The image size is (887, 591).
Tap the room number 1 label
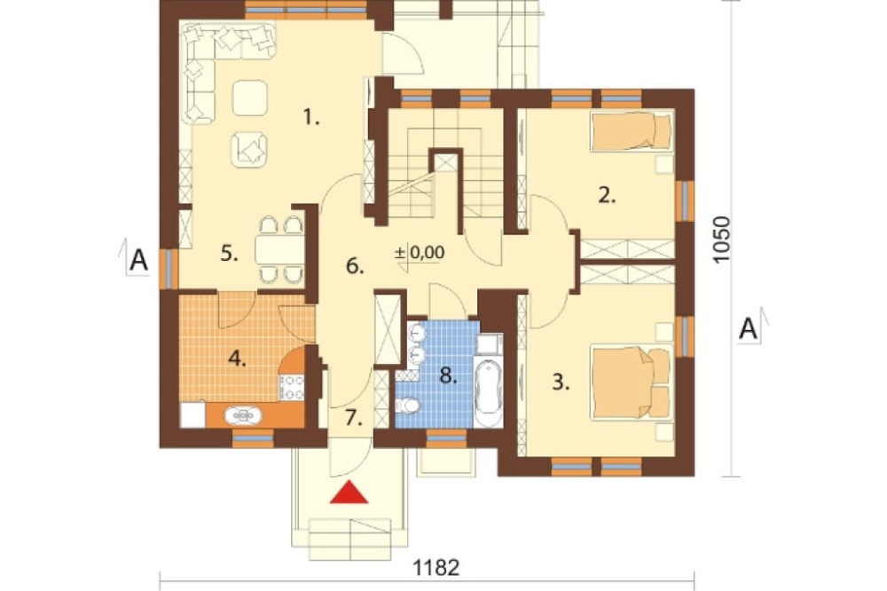pyautogui.click(x=311, y=118)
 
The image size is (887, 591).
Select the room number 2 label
pyautogui.click(x=607, y=196)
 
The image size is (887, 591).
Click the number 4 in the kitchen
pyautogui.click(x=237, y=359)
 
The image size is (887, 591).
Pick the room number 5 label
pyautogui.click(x=229, y=254)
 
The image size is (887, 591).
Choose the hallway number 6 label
pyautogui.click(x=355, y=265)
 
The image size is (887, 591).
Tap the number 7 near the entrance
pyautogui.click(x=354, y=418)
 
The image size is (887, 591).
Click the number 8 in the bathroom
pyautogui.click(x=448, y=374)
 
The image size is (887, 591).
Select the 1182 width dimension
pyautogui.click(x=436, y=567)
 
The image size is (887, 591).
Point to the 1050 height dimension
pyautogui.click(x=722, y=240)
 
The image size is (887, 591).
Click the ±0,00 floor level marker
pyautogui.click(x=420, y=253)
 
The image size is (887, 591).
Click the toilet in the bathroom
pyautogui.click(x=407, y=406)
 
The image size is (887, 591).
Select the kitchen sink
pyautogui.click(x=243, y=415)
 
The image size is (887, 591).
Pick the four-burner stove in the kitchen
pyautogui.click(x=292, y=388)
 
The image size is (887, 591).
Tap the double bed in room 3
pyautogui.click(x=632, y=382)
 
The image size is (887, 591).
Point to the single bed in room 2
pyautogui.click(x=632, y=131)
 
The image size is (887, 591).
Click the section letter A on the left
pyautogui.click(x=138, y=261)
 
